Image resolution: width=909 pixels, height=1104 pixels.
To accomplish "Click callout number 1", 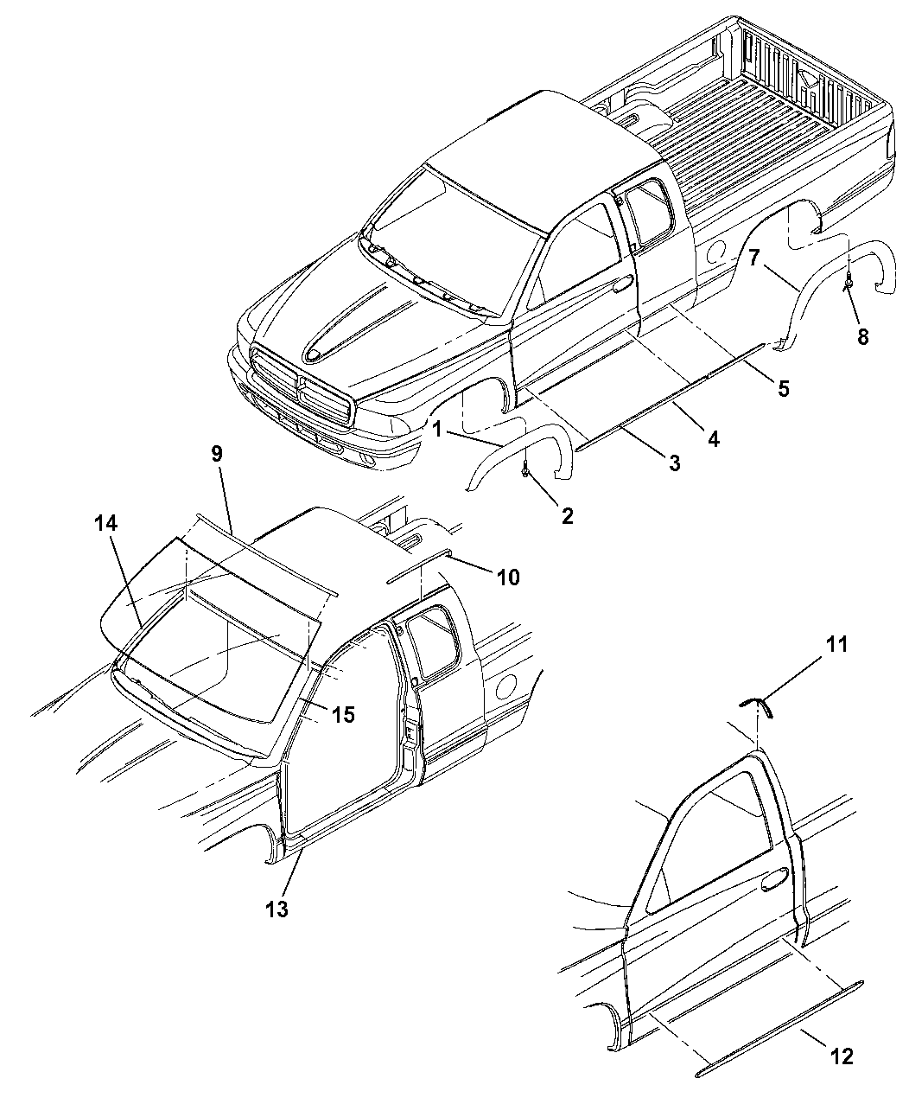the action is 438,430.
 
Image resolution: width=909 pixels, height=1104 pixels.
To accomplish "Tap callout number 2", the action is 567,516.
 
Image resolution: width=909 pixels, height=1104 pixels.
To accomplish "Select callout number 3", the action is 674,463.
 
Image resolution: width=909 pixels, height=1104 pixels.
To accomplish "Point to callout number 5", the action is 783,389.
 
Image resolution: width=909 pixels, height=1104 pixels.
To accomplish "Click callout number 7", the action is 754,258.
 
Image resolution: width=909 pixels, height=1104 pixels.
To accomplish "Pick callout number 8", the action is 862,336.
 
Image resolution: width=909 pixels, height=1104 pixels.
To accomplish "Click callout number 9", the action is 217,454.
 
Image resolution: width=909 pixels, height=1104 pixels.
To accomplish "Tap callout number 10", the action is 508,578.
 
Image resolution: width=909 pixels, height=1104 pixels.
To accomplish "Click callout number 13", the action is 277,909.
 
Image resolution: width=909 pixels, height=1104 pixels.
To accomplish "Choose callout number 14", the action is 105,523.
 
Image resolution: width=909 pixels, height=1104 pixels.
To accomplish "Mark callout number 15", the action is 343,715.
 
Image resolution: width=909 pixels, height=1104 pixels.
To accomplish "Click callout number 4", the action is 714,438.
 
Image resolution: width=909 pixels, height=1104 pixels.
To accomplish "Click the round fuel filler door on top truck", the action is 716,250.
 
